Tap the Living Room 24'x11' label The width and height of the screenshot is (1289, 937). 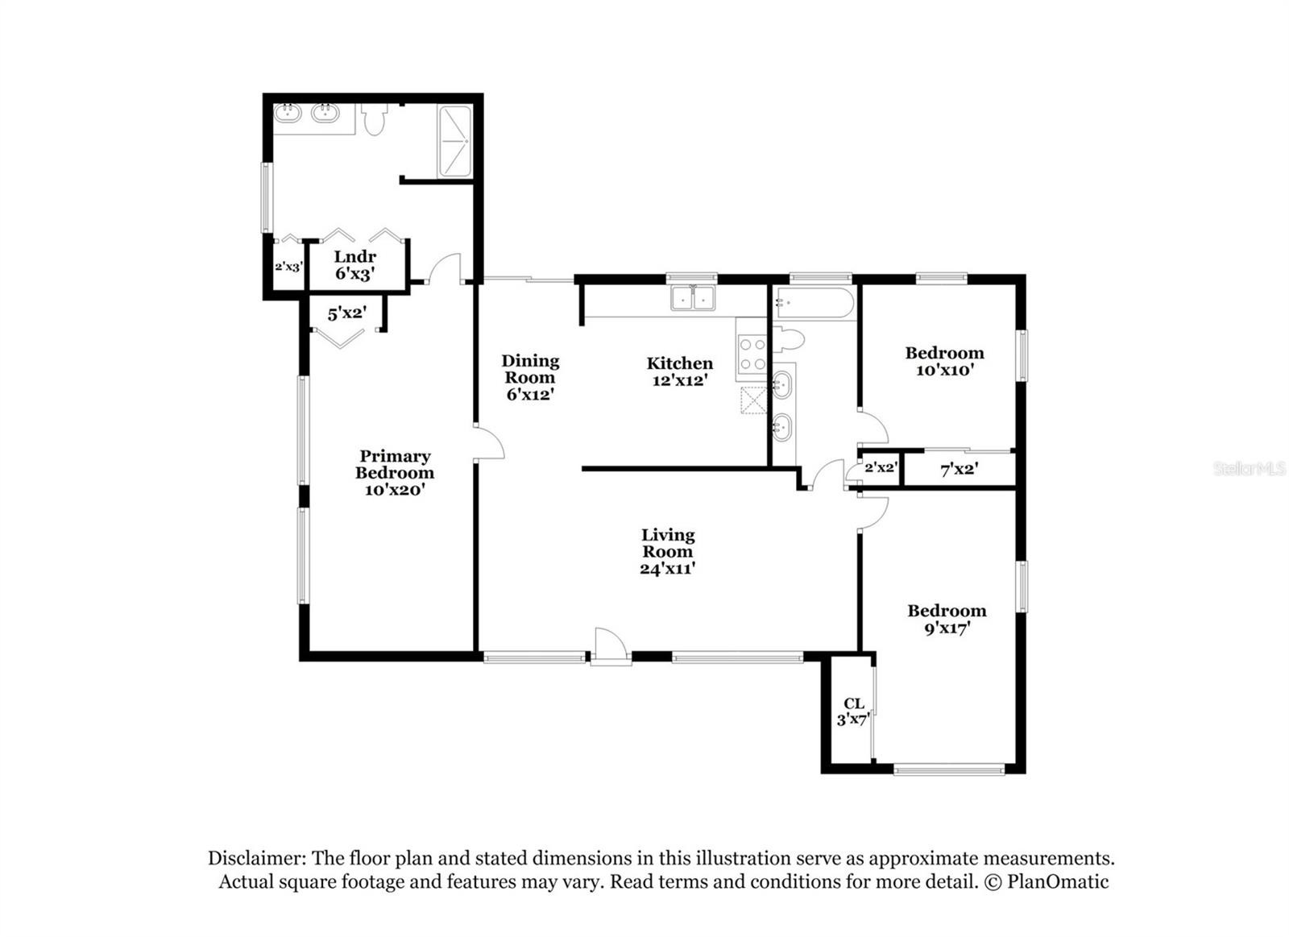(668, 551)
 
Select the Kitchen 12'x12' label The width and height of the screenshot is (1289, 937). (680, 371)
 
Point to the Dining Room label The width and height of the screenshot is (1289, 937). (530, 369)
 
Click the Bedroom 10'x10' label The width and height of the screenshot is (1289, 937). (944, 361)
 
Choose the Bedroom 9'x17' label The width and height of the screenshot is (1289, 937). (947, 619)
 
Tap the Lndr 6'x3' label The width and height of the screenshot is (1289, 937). (355, 265)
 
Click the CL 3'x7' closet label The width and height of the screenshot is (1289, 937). (853, 711)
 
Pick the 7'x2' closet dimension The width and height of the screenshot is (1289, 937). (959, 470)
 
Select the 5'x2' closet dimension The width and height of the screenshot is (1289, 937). (347, 313)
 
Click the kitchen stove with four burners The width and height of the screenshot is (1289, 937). (752, 354)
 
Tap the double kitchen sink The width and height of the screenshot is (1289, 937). (693, 297)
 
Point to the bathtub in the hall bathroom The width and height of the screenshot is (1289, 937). (814, 303)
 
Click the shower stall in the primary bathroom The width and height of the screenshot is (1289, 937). (455, 141)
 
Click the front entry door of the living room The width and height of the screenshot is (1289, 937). (611, 647)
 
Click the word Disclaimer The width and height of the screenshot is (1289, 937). (257, 858)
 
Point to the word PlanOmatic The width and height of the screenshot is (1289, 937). (1058, 881)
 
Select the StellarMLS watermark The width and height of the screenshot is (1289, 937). (1250, 468)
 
